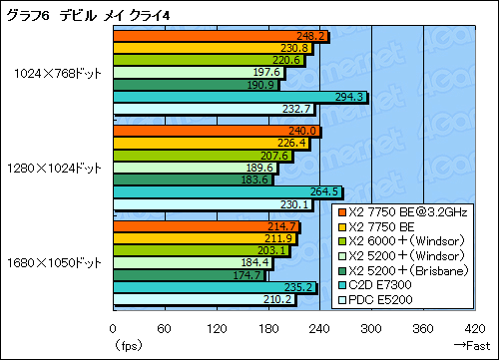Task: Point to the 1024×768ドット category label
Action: point(58,72)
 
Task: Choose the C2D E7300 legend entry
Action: point(394,282)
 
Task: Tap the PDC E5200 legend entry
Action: point(395,296)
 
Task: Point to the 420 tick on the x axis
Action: point(473,328)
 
